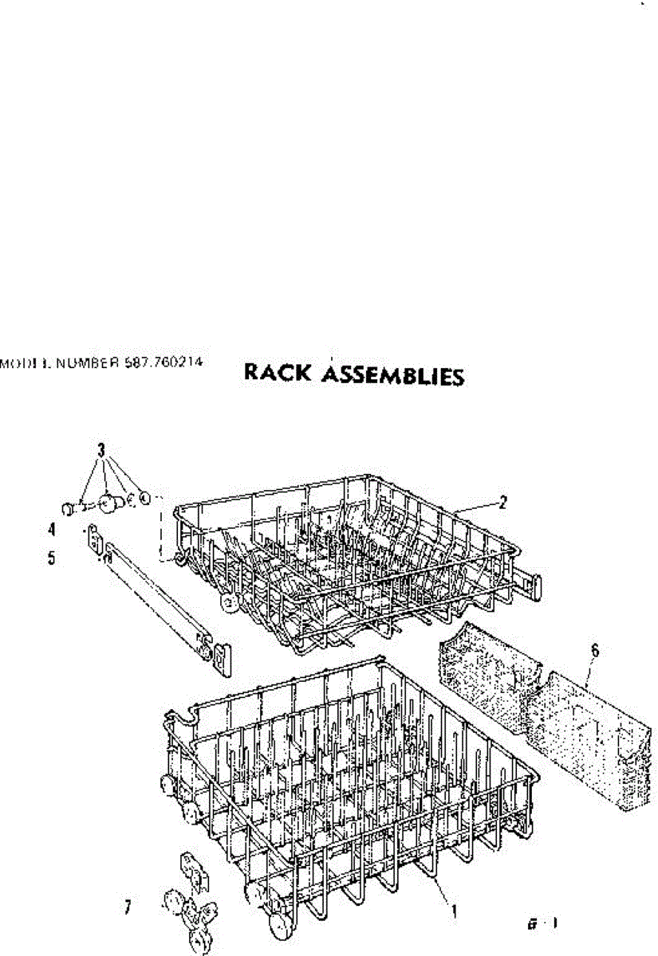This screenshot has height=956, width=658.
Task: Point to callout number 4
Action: pos(52,528)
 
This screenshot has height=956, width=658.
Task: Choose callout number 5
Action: pos(52,558)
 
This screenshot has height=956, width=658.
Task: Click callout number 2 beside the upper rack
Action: pos(502,502)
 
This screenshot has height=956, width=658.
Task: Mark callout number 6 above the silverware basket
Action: pos(593,651)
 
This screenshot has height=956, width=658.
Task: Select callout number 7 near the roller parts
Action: pos(128,907)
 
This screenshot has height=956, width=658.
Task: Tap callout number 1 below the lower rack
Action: pos(455,908)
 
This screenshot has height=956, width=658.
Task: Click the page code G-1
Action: pos(542,924)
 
